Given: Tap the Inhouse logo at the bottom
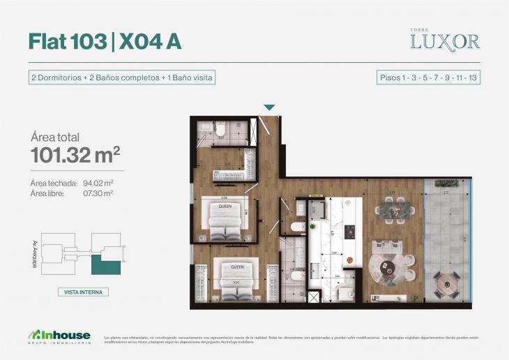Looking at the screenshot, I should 60,336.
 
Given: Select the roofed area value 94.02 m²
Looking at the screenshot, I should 98,183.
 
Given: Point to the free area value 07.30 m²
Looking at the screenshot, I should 98,193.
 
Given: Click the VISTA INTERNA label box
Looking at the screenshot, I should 83,292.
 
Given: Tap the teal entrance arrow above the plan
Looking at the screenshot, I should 269,107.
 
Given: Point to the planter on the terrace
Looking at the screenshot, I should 446,183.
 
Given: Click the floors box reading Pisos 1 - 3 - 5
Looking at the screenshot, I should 428,77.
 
